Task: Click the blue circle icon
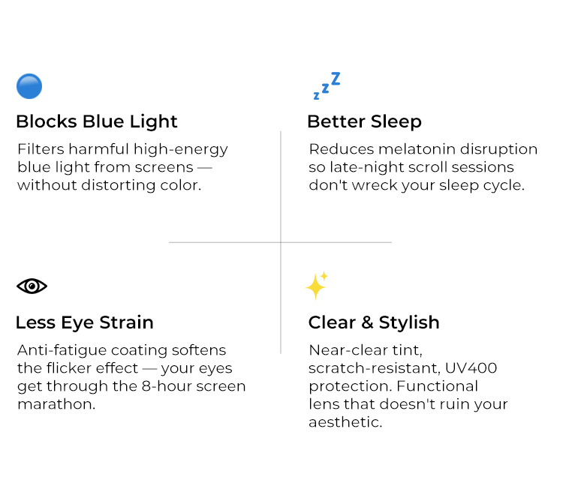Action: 29,86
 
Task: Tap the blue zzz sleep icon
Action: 327,85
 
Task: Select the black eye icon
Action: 32,286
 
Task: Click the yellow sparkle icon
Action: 317,285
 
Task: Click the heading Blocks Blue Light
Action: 97,121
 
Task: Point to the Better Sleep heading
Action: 364,121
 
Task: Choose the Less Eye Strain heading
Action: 85,322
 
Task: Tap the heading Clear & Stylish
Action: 374,322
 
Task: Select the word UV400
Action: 471,368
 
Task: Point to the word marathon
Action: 56,404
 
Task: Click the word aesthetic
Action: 345,422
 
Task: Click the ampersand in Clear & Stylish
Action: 367,322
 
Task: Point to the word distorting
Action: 119,185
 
